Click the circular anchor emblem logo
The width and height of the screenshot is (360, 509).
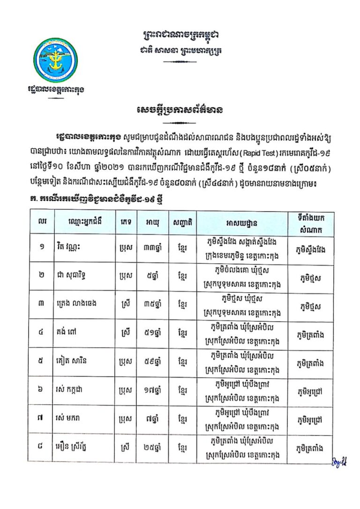pos(56,60)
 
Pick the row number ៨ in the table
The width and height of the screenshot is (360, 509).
pos(42,447)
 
